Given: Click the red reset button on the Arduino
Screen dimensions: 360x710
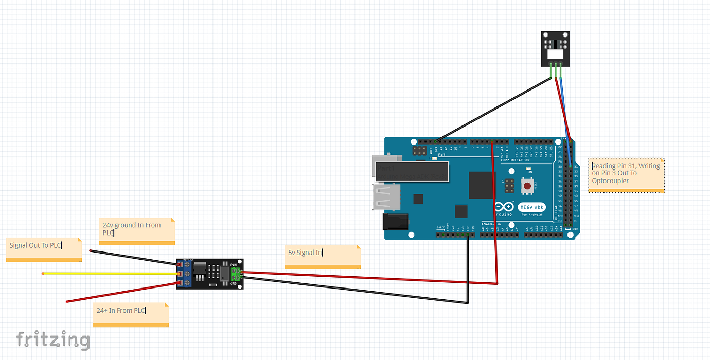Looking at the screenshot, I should [x=527, y=186].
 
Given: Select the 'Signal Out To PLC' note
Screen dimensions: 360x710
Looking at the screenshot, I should [x=44, y=249].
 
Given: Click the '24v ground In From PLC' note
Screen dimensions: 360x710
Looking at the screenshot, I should [x=137, y=230].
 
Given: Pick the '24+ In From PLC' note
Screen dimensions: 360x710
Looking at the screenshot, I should [x=130, y=314].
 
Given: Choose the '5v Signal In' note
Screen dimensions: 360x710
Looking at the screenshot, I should [x=322, y=256].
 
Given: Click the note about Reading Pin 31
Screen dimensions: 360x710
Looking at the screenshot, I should [x=626, y=175].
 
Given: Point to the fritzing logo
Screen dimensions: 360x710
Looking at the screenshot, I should [x=53, y=340].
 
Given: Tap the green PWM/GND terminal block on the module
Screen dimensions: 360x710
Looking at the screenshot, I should [x=235, y=274].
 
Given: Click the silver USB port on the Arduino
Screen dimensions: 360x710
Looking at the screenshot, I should [x=387, y=199].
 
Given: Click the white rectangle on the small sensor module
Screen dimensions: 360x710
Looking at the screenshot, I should [x=556, y=54].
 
